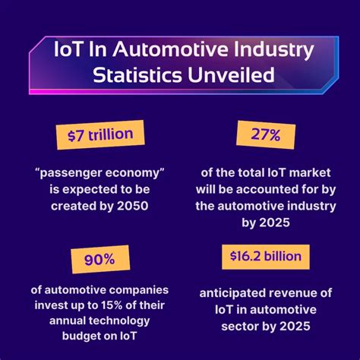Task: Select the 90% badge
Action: (99, 260)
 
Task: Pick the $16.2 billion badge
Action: (262, 256)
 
